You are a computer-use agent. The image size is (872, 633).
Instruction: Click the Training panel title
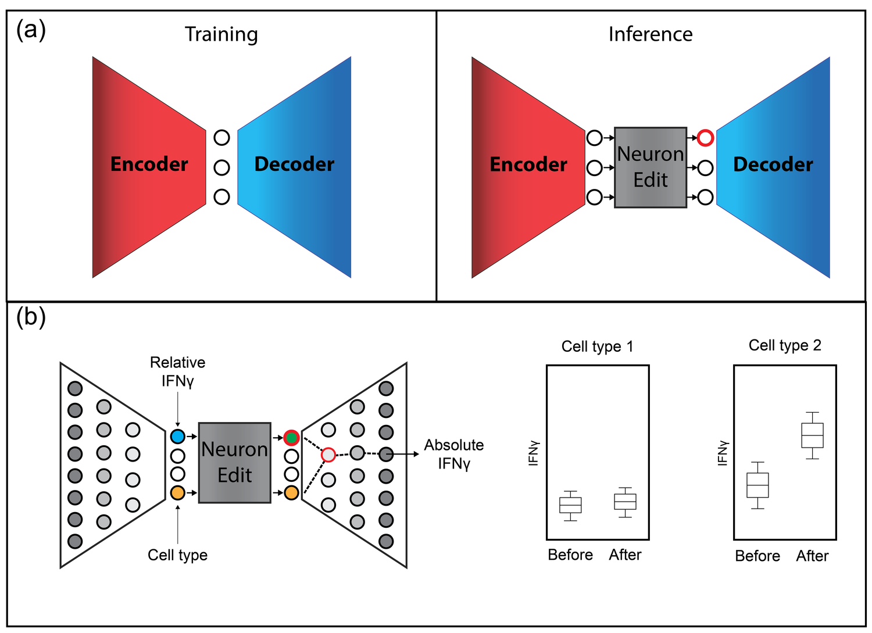(x=221, y=35)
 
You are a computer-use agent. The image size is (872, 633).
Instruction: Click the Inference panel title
(x=650, y=35)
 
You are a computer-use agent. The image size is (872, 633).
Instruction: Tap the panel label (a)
(x=31, y=30)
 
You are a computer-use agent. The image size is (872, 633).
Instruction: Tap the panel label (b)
(x=31, y=317)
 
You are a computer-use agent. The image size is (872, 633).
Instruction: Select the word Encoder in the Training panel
(x=149, y=164)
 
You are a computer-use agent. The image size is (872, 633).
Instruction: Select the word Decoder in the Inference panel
(x=773, y=164)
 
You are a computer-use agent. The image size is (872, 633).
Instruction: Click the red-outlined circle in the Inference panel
(x=705, y=138)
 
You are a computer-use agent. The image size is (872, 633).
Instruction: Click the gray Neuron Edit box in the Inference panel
(x=650, y=167)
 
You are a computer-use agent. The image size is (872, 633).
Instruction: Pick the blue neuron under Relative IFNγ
(x=177, y=436)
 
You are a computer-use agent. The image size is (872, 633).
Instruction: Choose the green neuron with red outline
(x=291, y=438)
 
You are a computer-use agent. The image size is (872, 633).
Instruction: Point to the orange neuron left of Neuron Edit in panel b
(x=177, y=493)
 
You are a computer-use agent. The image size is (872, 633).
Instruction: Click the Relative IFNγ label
(x=177, y=371)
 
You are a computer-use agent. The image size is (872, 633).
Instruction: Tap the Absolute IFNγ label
(x=454, y=454)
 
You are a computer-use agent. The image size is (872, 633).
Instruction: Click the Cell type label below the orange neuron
(x=177, y=555)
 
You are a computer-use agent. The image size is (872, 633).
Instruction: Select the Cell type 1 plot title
(x=597, y=346)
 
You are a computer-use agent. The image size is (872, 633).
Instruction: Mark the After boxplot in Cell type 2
(x=812, y=435)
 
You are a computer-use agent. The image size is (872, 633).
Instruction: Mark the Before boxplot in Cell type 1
(x=570, y=505)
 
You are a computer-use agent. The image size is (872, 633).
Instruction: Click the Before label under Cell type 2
(x=757, y=556)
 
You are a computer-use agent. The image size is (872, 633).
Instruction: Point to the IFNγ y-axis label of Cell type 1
(x=534, y=453)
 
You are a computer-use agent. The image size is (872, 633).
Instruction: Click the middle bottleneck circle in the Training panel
(x=221, y=168)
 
